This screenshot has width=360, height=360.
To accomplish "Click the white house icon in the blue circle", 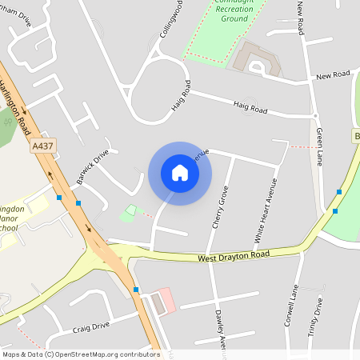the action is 180,173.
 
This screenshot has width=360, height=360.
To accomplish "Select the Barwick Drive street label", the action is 94,166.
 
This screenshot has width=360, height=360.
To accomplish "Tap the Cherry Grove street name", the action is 219,207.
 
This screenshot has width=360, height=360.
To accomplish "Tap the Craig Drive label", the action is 90,327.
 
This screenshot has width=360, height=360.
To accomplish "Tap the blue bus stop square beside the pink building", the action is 136,289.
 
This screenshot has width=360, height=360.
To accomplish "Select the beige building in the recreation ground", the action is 254,58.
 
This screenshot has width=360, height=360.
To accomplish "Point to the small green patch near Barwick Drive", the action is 127,213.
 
